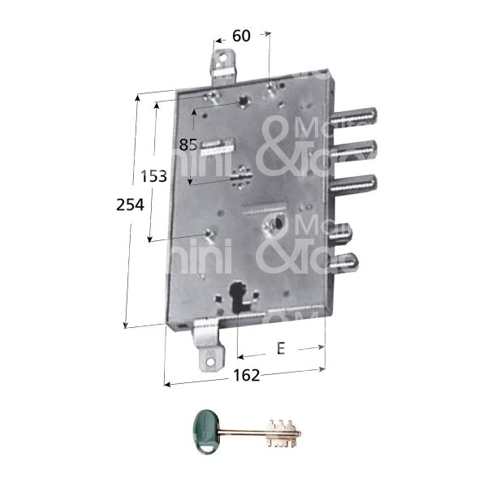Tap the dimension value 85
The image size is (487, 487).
click(x=189, y=145)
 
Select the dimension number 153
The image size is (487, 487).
click(x=154, y=176)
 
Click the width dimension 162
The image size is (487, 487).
click(x=246, y=375)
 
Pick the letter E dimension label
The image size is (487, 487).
click(x=281, y=349)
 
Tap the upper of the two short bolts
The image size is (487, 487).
click(x=347, y=235)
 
